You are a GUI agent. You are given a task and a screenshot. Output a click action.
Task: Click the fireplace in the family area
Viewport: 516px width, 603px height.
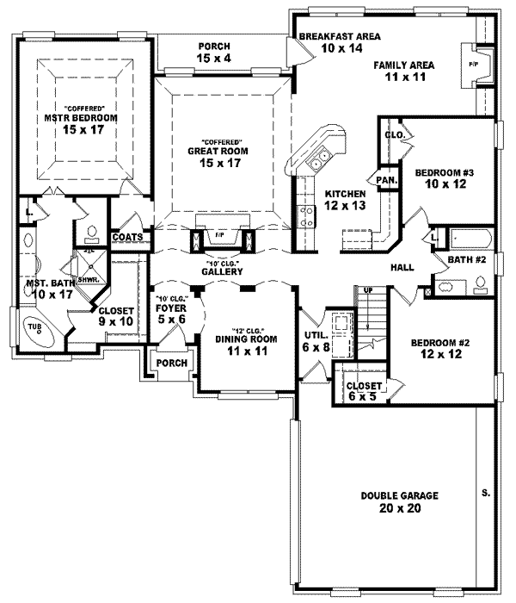point(474,65)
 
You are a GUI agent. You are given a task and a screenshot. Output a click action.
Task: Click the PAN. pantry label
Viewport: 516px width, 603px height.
point(384,180)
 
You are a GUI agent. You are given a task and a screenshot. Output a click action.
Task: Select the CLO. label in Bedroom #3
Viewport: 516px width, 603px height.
point(395,135)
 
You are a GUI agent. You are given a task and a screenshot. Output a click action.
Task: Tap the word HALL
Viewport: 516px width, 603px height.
point(402,268)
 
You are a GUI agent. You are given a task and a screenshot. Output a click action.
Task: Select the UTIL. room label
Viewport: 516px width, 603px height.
point(311,336)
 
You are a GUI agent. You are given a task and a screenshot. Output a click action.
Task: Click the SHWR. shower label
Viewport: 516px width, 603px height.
point(87,279)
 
